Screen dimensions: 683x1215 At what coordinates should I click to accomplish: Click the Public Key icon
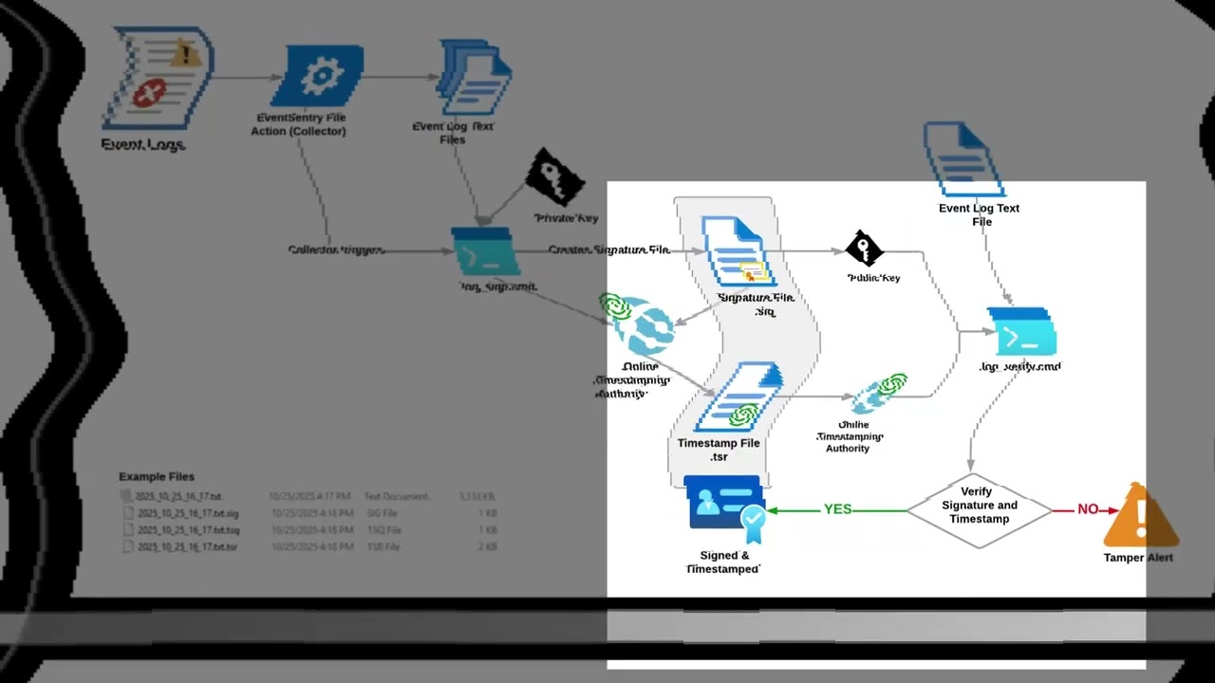coord(864,249)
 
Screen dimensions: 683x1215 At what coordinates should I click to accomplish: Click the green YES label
coord(837,509)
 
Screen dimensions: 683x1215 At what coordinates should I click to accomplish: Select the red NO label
coord(1088,509)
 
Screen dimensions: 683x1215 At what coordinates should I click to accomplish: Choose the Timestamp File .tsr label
coord(719,450)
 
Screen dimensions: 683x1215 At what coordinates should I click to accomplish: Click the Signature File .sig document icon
coord(736,252)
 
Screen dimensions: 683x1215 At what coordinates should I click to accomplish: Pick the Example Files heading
coord(157,476)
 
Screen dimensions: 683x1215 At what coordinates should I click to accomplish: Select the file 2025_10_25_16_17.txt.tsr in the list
coord(187,547)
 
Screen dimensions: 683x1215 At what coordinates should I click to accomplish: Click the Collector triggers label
coord(336,250)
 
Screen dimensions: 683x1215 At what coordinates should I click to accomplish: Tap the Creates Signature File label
coord(608,250)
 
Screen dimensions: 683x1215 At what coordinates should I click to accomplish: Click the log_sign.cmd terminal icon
coord(485,252)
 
